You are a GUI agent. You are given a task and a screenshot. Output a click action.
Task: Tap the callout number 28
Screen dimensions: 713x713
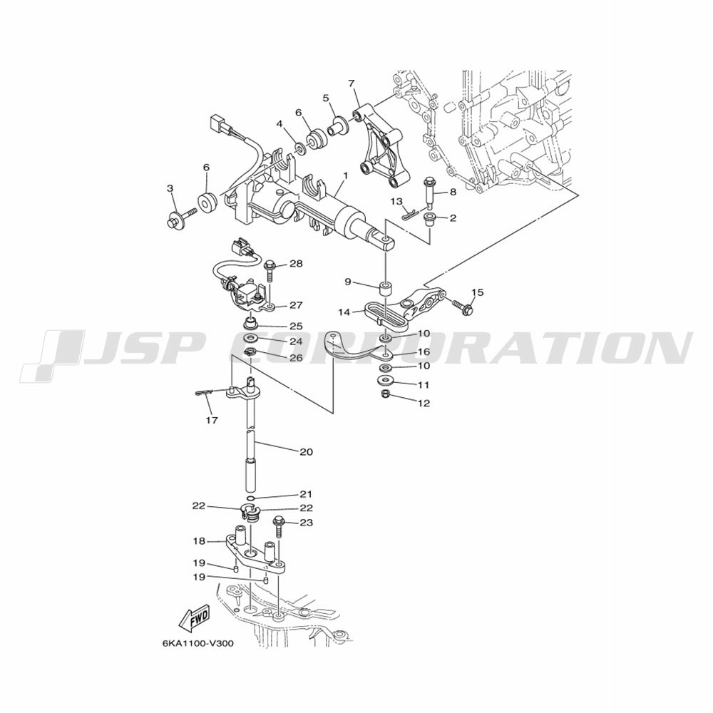[x=296, y=264]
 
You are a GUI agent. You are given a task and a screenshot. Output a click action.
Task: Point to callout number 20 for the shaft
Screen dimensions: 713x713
[x=307, y=452]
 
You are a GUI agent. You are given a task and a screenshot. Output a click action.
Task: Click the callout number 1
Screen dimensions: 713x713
[x=346, y=175]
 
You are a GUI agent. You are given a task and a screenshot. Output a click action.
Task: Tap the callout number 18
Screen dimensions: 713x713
[x=200, y=542]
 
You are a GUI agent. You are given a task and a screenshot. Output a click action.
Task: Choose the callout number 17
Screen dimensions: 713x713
[x=212, y=420]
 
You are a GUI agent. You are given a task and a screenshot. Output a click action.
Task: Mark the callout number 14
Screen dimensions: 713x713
[x=344, y=312]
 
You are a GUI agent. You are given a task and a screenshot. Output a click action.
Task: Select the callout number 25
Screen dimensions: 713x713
[x=297, y=327]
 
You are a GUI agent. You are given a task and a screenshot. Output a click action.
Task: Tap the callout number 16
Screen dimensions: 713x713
[x=424, y=352]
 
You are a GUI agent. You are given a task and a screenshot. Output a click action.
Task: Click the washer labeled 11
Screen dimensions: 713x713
[x=385, y=380]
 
